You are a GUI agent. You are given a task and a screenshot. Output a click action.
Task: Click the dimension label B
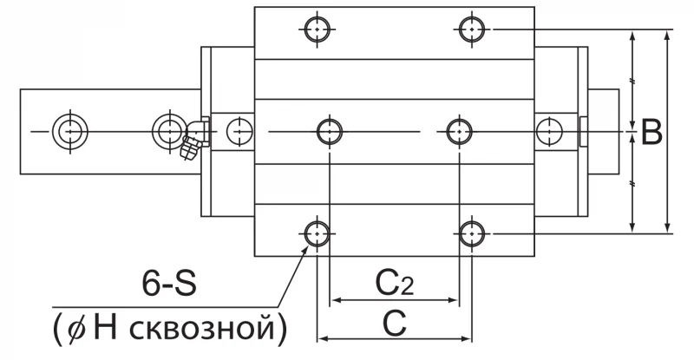(651, 132)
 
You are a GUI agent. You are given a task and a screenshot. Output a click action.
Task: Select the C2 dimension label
(395, 284)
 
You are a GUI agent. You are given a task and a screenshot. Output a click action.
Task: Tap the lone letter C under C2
(395, 324)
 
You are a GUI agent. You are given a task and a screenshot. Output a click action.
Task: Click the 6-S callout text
(169, 284)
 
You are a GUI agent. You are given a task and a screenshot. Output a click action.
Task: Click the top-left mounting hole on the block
(318, 29)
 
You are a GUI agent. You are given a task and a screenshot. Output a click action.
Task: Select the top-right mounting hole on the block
(472, 29)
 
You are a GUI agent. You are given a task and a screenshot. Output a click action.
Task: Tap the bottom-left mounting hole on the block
(318, 233)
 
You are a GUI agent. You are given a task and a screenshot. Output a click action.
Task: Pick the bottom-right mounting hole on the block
(472, 233)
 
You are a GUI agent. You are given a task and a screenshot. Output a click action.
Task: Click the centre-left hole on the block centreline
(330, 132)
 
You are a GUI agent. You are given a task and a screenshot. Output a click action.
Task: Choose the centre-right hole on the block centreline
(460, 132)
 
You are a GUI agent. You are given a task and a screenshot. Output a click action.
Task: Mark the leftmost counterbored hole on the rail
(70, 132)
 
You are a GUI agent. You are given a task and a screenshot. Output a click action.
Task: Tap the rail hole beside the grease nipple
(169, 131)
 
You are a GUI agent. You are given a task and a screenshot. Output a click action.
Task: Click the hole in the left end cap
(239, 132)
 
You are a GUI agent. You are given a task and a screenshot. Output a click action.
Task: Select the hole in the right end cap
(549, 132)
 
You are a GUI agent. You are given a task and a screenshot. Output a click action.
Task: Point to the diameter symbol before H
(77, 330)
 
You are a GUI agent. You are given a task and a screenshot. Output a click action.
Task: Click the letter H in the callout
(105, 328)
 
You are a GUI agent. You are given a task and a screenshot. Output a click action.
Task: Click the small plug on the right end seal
(583, 132)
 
